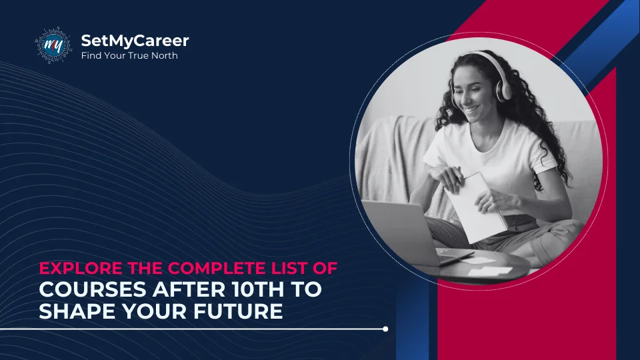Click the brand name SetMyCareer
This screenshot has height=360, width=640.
pos(135,41)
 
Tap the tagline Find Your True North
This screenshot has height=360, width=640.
pos(129,55)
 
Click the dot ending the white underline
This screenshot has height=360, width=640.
pos(385,329)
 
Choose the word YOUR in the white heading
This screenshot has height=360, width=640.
pos(147,311)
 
